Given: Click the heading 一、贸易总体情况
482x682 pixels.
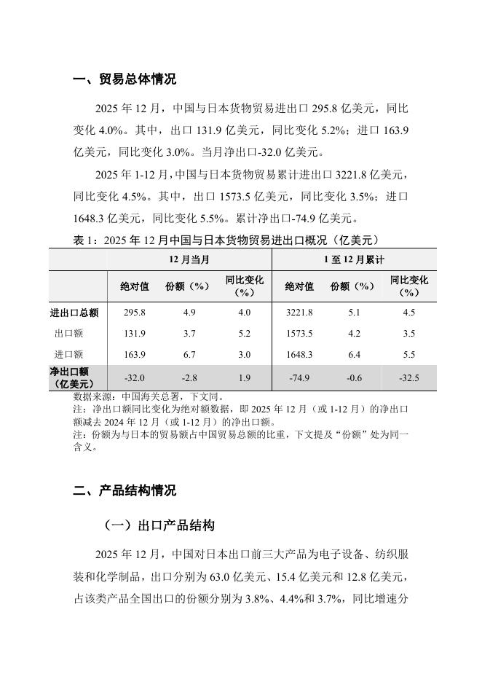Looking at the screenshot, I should (x=125, y=79).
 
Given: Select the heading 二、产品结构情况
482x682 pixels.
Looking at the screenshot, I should (x=125, y=490).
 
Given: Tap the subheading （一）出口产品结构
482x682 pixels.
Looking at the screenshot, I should (x=158, y=525).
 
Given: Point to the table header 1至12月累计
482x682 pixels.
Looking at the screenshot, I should (x=354, y=259).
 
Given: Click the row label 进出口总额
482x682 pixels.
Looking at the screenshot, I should (x=74, y=313).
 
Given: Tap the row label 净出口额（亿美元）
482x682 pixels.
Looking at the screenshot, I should (x=74, y=377).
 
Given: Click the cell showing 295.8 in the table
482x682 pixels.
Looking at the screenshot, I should (x=135, y=313).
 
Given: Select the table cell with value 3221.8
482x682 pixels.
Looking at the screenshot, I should (x=299, y=313).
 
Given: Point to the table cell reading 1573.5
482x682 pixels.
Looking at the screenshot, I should (x=299, y=334).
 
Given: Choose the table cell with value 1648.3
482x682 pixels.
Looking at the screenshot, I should (x=299, y=355).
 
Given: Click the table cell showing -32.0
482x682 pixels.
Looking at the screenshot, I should (x=135, y=377).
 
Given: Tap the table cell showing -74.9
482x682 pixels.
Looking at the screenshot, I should (x=299, y=377).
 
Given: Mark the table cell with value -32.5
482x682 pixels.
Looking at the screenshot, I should (x=408, y=377).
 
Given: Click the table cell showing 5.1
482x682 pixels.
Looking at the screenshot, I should (x=353, y=313).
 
